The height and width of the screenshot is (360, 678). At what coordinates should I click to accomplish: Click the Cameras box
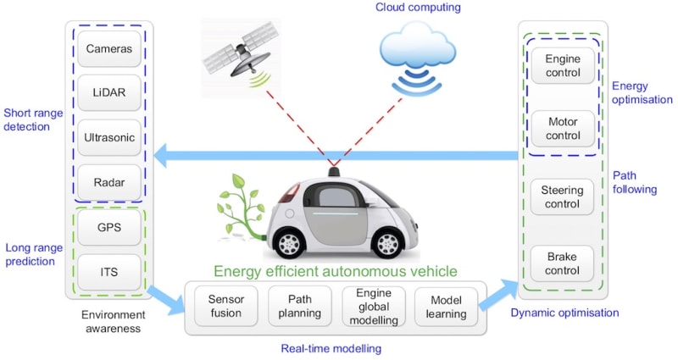(x=108, y=49)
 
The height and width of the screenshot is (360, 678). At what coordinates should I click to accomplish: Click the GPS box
(x=108, y=229)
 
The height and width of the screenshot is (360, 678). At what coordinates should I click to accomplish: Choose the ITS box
(x=108, y=272)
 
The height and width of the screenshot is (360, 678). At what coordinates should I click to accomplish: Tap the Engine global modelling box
(x=371, y=307)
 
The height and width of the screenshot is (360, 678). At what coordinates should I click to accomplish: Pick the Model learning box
(x=446, y=307)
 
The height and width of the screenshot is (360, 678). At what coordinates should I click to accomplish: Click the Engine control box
(x=562, y=66)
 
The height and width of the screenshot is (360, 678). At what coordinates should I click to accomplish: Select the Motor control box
(x=562, y=130)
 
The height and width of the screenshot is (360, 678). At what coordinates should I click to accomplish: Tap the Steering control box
(x=562, y=197)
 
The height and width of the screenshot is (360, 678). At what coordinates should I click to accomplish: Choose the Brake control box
(x=562, y=264)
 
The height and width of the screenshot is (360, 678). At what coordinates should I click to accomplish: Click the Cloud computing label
(x=417, y=8)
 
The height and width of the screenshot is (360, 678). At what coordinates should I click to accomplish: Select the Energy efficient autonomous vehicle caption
(x=335, y=271)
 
